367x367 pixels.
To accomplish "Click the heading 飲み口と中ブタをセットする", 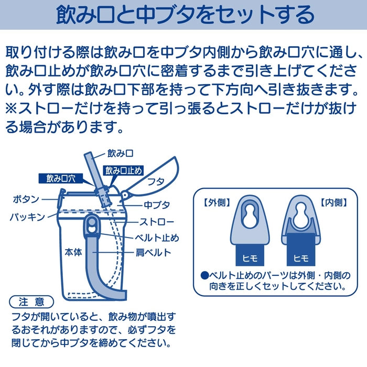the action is (x=185, y=15).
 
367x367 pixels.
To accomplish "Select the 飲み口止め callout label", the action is (x=123, y=170).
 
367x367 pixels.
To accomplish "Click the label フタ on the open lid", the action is (x=156, y=181).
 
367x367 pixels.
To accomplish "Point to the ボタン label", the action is (x=26, y=199).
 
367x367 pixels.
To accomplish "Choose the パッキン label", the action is (x=27, y=217).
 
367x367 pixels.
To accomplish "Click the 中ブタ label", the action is (x=157, y=205).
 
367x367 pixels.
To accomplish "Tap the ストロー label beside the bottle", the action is (x=157, y=222).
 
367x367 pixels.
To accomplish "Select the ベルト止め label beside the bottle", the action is (x=157, y=238).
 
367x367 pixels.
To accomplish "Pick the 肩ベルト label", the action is (x=154, y=253).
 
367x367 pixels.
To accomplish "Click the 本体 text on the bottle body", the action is (x=73, y=252).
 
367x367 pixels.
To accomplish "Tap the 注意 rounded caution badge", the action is (x=31, y=302).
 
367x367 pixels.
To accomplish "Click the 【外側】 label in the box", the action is (x=217, y=202).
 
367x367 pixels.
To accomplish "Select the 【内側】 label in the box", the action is (x=333, y=202).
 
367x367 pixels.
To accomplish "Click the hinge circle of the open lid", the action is (x=125, y=195).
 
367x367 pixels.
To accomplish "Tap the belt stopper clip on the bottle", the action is (x=92, y=225).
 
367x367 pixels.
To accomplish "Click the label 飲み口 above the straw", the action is (x=120, y=154).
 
